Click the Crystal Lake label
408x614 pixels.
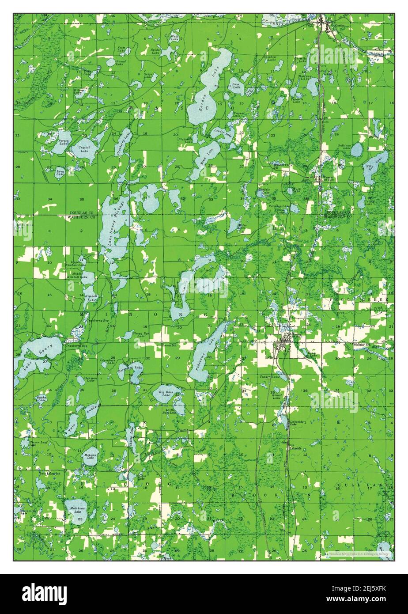84,148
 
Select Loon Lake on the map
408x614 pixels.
60,172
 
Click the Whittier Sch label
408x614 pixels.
364,345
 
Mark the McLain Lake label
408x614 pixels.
90,456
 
